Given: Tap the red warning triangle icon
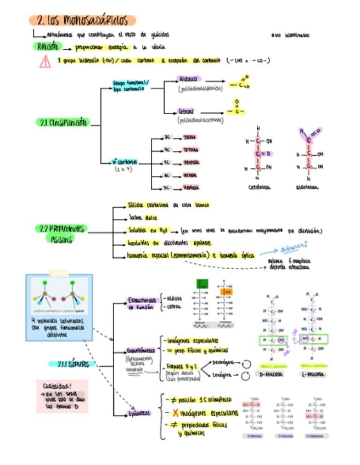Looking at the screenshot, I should point(45,61).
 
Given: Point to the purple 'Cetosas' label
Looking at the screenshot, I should point(187,111).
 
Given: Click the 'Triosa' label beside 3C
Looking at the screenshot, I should point(189,137).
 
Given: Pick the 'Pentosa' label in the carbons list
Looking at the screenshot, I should point(191,162).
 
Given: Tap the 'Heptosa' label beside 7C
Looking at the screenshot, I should point(190,188).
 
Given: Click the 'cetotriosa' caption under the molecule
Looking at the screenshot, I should point(260,187).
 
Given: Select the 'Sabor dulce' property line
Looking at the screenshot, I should point(143,217).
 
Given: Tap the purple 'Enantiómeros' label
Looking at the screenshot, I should point(142,350).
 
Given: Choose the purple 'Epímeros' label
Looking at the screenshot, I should point(139,413).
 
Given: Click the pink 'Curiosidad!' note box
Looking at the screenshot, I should point(61,395).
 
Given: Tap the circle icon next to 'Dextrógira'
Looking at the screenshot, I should point(246,364).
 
